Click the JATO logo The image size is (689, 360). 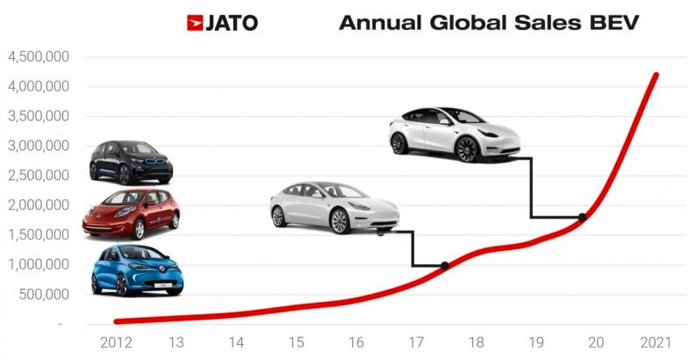pyautogui.click(x=222, y=22)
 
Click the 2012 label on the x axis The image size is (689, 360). pyautogui.click(x=117, y=341)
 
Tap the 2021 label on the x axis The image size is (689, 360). pyautogui.click(x=654, y=341)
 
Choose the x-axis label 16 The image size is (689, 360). pyautogui.click(x=356, y=341)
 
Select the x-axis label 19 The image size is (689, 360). pyautogui.click(x=535, y=341)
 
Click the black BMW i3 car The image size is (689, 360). pyautogui.click(x=131, y=162)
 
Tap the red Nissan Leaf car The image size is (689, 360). pyautogui.click(x=131, y=213)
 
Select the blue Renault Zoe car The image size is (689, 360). pyautogui.click(x=137, y=270)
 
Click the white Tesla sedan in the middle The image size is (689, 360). pyautogui.click(x=334, y=208)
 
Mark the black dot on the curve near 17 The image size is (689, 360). pyautogui.click(x=444, y=265)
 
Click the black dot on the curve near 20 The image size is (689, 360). pyautogui.click(x=582, y=217)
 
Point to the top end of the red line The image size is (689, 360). pyautogui.click(x=656, y=76)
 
